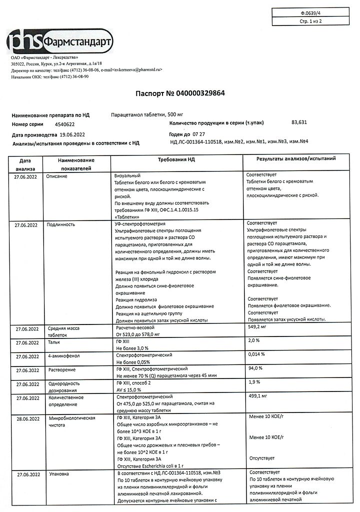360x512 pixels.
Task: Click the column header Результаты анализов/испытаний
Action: click(x=296, y=158)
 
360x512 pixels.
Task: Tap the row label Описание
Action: click(x=56, y=176)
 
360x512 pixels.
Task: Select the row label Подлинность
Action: click(x=60, y=225)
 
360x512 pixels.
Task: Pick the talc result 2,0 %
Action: click(x=254, y=340)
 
